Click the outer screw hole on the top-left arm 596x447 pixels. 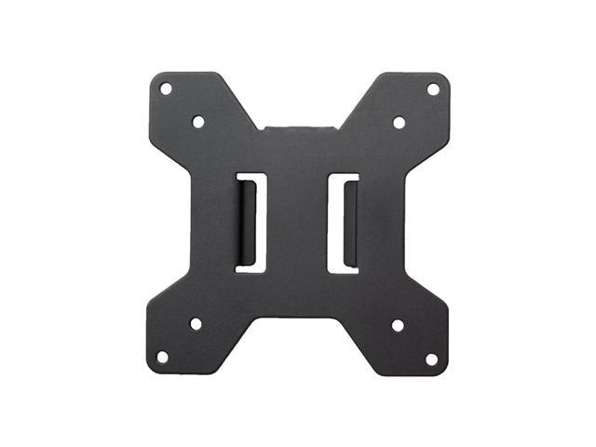pyautogui.click(x=166, y=88)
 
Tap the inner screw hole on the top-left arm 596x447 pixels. pyautogui.click(x=197, y=121)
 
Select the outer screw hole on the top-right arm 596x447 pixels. pyautogui.click(x=432, y=88)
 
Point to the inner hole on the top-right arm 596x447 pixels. pyautogui.click(x=399, y=122)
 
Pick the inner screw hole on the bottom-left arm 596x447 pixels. pyautogui.click(x=196, y=324)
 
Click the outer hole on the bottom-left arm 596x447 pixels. pyautogui.click(x=162, y=357)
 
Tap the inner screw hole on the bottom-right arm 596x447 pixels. pyautogui.click(x=397, y=325)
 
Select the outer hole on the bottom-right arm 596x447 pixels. pyautogui.click(x=430, y=358)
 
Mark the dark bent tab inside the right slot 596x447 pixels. pyautogui.click(x=350, y=222)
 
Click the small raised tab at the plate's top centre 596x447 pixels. pyautogui.click(x=298, y=122)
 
